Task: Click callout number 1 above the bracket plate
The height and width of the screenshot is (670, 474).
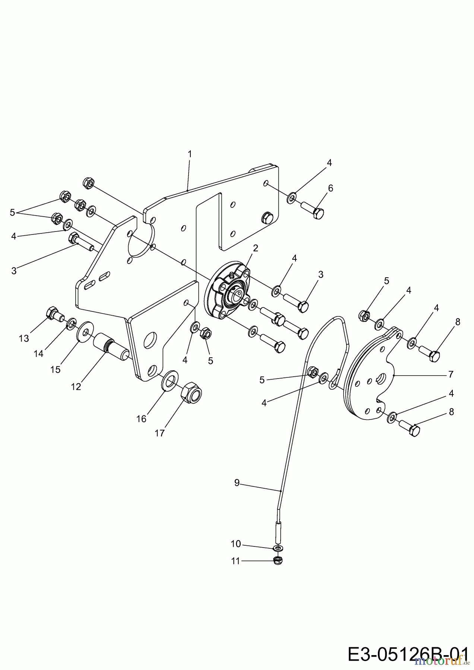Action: [x=190, y=154]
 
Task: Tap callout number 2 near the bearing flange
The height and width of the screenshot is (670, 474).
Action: [x=255, y=248]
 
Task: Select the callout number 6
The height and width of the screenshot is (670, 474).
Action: [x=330, y=188]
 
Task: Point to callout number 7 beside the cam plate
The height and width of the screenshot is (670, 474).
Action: [x=451, y=374]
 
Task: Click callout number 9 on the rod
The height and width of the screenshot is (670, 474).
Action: [x=237, y=483]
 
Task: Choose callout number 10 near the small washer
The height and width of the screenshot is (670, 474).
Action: [x=236, y=544]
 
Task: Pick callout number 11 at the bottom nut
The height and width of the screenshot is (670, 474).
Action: [x=235, y=561]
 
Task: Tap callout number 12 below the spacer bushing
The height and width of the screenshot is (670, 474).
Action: [x=76, y=387]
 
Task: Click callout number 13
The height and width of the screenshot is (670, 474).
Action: [x=24, y=338]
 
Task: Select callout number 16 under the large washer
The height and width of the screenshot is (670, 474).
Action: [x=141, y=419]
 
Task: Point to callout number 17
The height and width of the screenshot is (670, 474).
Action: [x=159, y=433]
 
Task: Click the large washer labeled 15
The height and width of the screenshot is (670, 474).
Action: [x=85, y=331]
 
